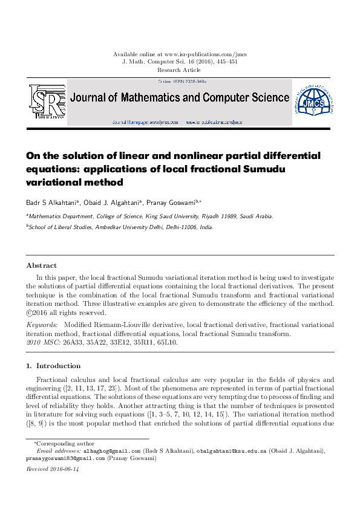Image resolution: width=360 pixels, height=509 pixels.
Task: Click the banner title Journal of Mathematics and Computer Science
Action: [x=180, y=97]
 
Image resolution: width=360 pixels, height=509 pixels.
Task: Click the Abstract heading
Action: [x=42, y=265]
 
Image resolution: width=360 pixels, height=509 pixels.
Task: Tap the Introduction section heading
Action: [x=58, y=366]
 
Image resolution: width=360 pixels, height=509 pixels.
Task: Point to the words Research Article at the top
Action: [x=180, y=70]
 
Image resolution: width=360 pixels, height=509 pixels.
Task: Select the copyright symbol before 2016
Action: [x=30, y=313]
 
